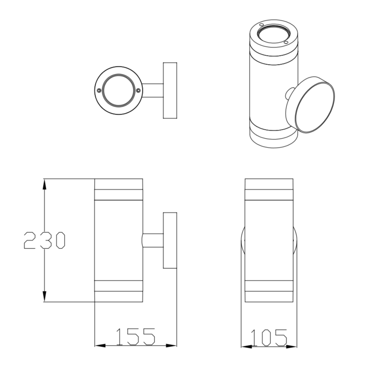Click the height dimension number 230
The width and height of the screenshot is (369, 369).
(44, 241)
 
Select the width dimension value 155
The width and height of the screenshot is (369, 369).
(135, 337)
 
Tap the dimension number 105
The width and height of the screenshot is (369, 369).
(269, 338)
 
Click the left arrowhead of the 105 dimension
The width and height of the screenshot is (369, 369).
(245, 346)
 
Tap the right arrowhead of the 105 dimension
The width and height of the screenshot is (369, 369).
(293, 346)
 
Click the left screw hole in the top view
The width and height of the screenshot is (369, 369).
(99, 91)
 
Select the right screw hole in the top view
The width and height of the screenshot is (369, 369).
(138, 90)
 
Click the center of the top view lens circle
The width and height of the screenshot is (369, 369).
(118, 91)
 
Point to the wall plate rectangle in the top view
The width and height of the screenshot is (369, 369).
(170, 91)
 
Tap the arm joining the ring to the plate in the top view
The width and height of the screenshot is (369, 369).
(153, 91)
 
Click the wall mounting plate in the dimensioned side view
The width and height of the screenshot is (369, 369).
(170, 241)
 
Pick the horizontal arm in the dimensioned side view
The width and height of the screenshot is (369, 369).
(153, 241)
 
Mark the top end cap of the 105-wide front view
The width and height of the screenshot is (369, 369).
(269, 184)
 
